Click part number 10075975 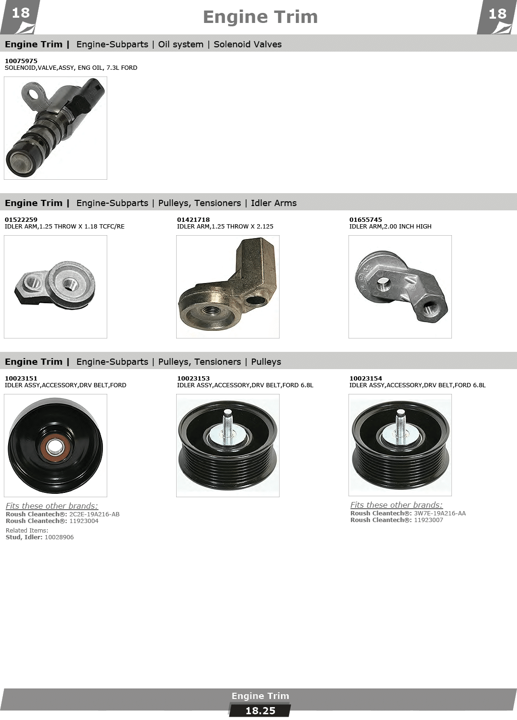point(21,61)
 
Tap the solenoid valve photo point(56,128)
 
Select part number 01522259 point(21,219)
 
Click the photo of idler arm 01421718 point(227,287)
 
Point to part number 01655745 point(366,219)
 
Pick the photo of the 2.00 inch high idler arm point(400,287)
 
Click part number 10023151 point(21,378)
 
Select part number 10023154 point(366,378)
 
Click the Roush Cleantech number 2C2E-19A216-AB point(94,514)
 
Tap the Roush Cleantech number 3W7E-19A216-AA point(440,513)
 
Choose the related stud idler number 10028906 point(59,537)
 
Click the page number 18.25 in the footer point(260,711)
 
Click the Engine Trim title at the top point(260,17)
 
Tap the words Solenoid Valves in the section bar point(247,44)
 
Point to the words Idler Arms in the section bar point(274,203)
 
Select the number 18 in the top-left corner point(21,13)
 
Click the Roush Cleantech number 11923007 point(428,520)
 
